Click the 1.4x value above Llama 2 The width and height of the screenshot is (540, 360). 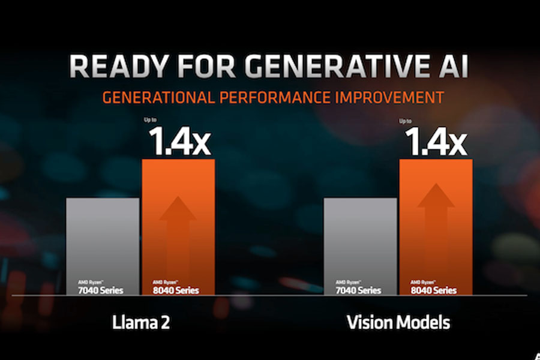(178, 143)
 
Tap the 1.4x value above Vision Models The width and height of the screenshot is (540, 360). (436, 143)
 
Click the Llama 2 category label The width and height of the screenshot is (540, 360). (141, 323)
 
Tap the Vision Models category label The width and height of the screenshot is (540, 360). (398, 323)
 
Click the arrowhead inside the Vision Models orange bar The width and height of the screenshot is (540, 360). (436, 197)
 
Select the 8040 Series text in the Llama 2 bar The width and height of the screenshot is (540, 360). (175, 290)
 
